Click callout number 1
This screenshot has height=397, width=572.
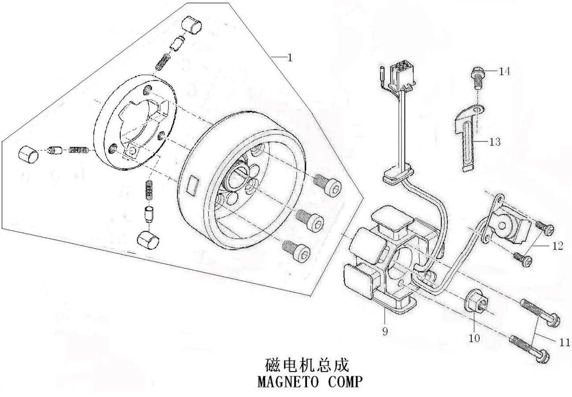click(290, 58)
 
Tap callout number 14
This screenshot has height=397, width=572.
click(504, 71)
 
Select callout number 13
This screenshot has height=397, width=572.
click(495, 142)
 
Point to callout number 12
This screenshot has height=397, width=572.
click(557, 246)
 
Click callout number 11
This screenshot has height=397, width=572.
click(564, 342)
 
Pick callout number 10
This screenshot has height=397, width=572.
click(474, 339)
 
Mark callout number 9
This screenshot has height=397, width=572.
click(385, 331)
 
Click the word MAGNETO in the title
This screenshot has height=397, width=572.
click(288, 382)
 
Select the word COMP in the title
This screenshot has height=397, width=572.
click(345, 382)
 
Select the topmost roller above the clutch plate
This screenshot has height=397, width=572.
click(191, 25)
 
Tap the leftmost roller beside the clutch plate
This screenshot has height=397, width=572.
click(28, 155)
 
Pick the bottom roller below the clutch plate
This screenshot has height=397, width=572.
click(148, 240)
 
